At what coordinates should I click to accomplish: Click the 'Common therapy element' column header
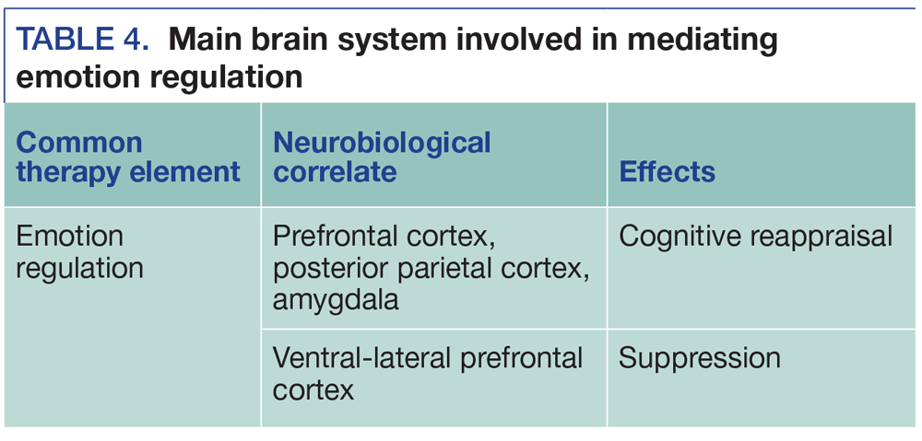coord(128,157)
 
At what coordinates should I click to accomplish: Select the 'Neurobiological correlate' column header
coord(382,157)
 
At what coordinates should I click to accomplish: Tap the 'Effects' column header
coord(668,171)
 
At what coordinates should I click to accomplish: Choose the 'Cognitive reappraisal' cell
coord(755,237)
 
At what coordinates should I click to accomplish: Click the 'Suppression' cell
coord(699,357)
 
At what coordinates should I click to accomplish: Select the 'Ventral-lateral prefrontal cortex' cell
coord(428,373)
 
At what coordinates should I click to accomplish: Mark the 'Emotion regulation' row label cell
coord(80,251)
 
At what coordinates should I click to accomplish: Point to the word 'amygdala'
coord(336,299)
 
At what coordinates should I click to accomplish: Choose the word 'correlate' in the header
coord(335,171)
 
